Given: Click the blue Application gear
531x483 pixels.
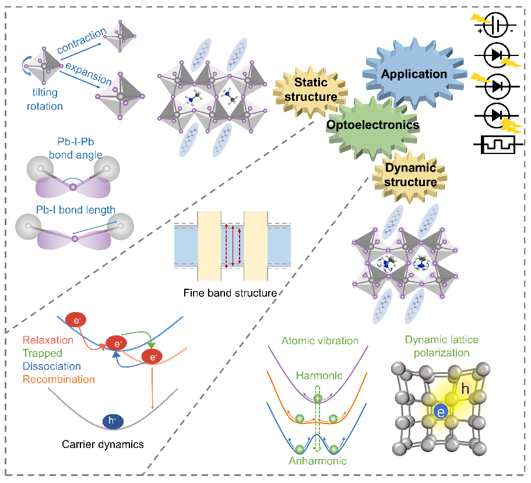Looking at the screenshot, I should click(x=414, y=74).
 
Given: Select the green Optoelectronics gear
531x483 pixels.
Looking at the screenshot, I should click(x=373, y=124).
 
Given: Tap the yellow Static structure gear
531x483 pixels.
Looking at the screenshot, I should click(x=311, y=90).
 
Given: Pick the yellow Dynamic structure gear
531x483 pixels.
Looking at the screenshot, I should click(x=410, y=174).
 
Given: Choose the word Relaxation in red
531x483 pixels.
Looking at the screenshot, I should click(x=48, y=340).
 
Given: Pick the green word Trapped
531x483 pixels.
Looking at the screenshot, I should click(x=43, y=353).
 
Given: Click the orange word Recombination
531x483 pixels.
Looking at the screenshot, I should click(x=59, y=379).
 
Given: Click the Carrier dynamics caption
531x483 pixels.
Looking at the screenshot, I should click(x=103, y=444).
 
